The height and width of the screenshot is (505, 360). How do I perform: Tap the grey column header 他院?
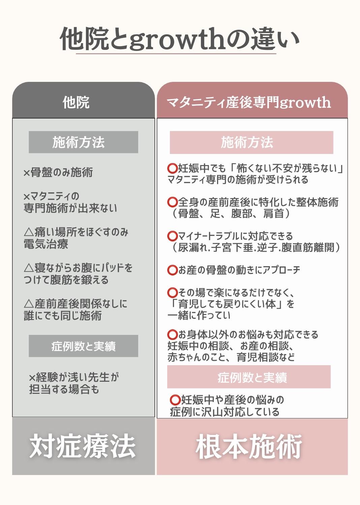click(76, 102)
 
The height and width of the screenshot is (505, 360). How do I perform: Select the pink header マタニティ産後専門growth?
click(249, 102)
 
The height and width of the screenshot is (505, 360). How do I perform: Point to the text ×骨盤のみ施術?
click(58, 172)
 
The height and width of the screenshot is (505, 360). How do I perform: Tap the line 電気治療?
click(46, 244)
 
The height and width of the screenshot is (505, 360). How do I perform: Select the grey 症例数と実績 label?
click(84, 346)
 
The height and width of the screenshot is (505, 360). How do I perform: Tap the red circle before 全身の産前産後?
click(173, 202)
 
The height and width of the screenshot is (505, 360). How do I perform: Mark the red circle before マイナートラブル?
click(173, 236)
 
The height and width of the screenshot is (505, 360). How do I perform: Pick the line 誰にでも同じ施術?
click(63, 315)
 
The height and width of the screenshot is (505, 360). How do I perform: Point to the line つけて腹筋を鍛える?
click(66, 280)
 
